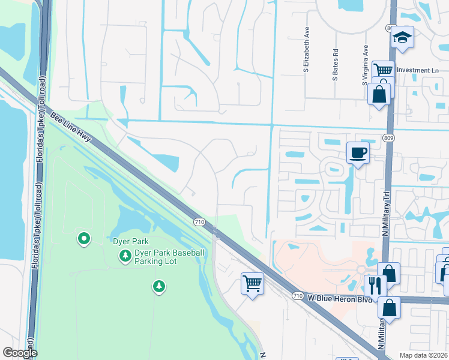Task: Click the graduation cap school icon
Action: coord(402,38)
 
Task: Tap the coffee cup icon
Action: coord(358,152)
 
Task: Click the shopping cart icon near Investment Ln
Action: coord(382,70)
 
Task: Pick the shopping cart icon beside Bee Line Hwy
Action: coord(253,283)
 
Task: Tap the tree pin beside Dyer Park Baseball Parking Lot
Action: coord(125,257)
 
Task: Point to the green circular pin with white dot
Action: coord(84,239)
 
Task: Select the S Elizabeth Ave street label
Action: coord(306,57)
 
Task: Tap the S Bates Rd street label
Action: coord(336,65)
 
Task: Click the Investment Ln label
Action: coord(418,70)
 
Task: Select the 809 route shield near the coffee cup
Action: coord(390,137)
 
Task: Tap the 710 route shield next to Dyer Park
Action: coord(200,222)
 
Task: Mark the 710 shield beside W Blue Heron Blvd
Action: coord(298,296)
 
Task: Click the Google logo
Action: coord(20,353)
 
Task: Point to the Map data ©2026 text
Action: coord(423,355)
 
